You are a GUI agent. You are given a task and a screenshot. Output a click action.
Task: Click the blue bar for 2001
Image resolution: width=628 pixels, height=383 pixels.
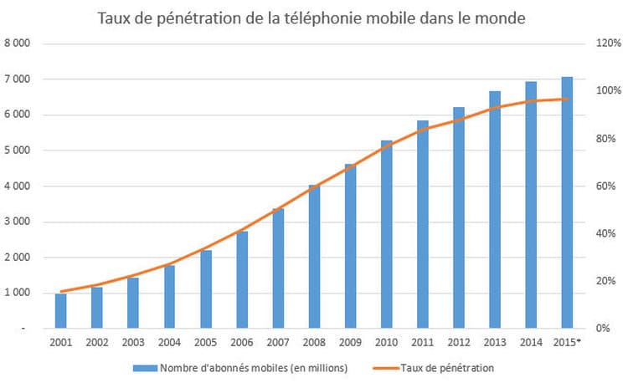[x=60, y=310]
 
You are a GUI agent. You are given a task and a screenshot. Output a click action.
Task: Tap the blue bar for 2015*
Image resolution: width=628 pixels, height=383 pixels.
[x=567, y=202]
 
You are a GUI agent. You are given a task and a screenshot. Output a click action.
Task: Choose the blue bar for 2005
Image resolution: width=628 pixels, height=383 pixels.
[x=205, y=289]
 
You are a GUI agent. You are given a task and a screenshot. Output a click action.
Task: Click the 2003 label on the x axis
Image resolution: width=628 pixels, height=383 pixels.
[x=132, y=342]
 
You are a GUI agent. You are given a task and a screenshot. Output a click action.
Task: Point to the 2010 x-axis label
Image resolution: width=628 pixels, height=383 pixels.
[x=386, y=342]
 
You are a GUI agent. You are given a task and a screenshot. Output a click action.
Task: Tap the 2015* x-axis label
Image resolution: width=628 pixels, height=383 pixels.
[x=569, y=342]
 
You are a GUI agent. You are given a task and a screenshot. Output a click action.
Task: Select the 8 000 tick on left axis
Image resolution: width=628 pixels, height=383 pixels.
[x=18, y=43]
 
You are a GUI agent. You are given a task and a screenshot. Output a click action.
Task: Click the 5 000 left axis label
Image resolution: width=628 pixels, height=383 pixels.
[x=18, y=151]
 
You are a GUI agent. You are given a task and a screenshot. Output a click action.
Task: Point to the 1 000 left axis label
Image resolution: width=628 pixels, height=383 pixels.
[x=18, y=293]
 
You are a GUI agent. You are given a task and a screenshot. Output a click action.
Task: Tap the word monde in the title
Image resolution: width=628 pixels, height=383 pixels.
[x=502, y=18]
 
